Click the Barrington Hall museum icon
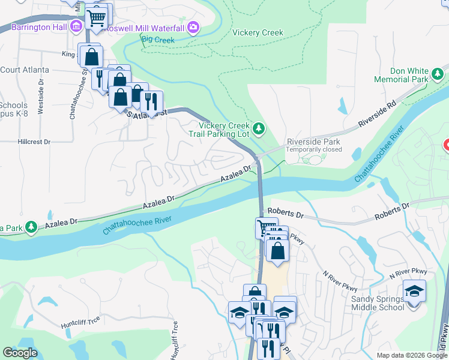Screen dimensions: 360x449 click(76, 26)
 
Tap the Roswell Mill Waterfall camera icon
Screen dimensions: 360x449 click(193, 27)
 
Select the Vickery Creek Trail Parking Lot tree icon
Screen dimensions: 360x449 click(259, 128)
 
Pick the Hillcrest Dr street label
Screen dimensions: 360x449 click(34, 142)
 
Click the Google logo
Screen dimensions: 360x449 click(20, 353)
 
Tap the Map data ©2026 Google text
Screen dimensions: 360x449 click(412, 355)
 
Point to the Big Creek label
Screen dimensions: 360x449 click(157, 40)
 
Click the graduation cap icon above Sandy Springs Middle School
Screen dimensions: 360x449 click(414, 291)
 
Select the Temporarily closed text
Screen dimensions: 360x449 click(313, 149)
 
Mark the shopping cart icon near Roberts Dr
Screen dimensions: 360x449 click(267, 228)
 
